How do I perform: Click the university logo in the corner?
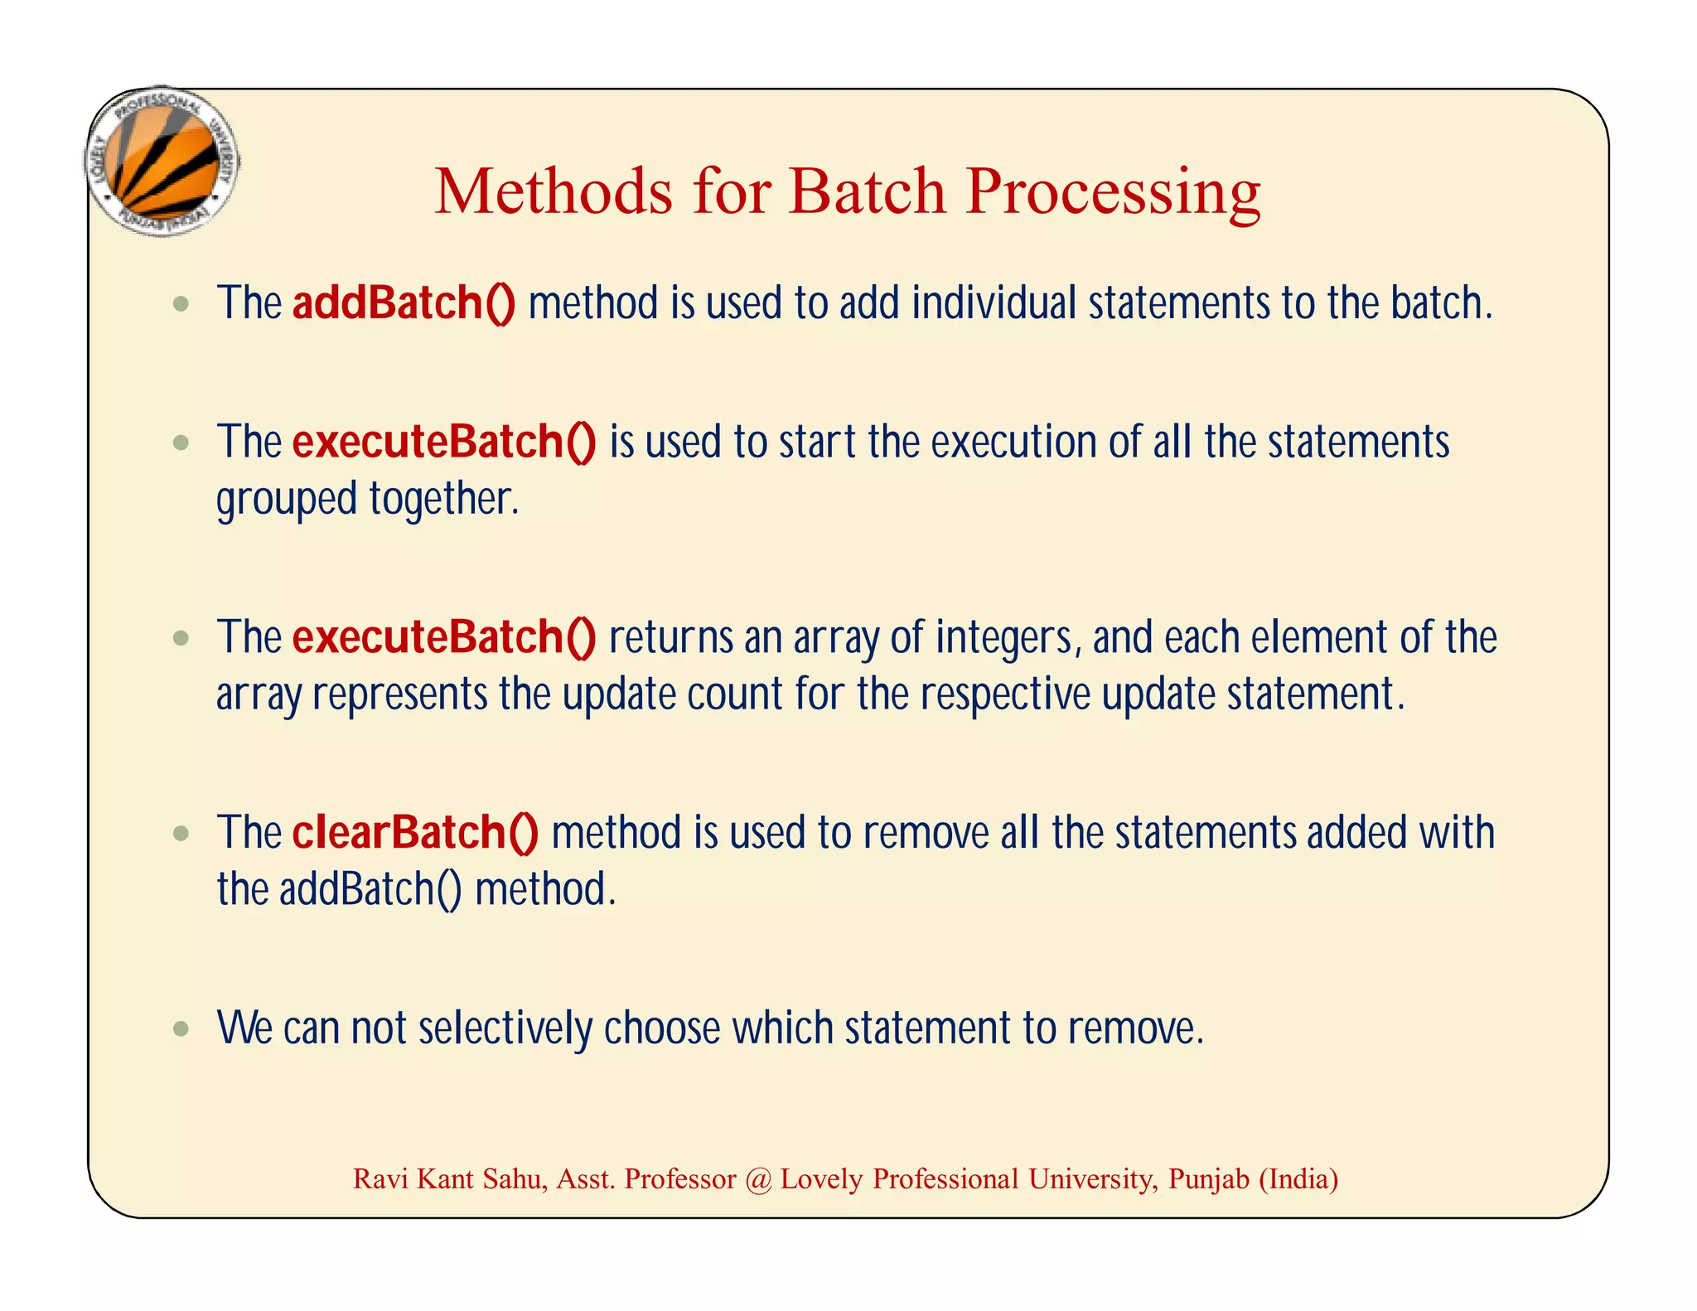tap(163, 162)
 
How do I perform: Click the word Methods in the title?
tap(553, 191)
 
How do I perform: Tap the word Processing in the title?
tap(1112, 193)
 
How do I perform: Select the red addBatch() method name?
tap(404, 302)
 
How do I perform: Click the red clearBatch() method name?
tap(415, 832)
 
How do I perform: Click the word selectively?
tap(505, 1028)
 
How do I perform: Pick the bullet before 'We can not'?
tap(181, 1029)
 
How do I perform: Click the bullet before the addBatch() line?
tap(181, 304)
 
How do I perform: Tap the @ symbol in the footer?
tap(758, 1179)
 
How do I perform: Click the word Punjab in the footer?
tap(1208, 1179)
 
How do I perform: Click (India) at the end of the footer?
tap(1298, 1179)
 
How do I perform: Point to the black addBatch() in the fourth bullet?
tap(370, 890)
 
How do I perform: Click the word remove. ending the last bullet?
tap(1134, 1028)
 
